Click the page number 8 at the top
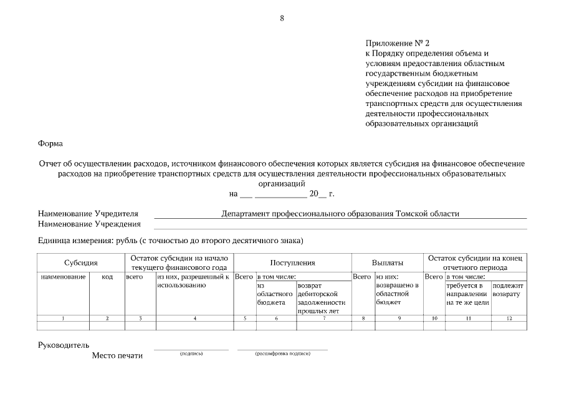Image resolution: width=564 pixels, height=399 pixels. [x=282, y=17]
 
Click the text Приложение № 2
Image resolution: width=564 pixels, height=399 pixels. [x=398, y=43]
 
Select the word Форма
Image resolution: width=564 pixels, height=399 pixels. [x=50, y=143]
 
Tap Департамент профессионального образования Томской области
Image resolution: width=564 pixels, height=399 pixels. [x=340, y=213]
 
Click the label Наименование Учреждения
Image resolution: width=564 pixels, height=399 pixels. [x=89, y=224]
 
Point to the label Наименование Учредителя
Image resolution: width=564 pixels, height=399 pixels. [x=88, y=213]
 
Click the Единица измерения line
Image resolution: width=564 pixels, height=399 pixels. [x=170, y=240]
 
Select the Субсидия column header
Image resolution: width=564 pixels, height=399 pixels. [x=81, y=263]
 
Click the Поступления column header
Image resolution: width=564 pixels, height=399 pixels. [x=292, y=263]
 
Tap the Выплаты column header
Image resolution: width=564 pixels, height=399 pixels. [x=387, y=263]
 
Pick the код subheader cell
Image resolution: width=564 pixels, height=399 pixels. [x=107, y=276]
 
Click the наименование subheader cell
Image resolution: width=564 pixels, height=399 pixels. [x=63, y=276]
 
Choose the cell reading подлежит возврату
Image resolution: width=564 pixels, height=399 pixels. [x=508, y=289]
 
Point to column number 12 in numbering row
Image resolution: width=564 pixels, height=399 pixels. [x=509, y=318]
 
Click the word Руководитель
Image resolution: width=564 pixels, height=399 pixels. [x=64, y=345]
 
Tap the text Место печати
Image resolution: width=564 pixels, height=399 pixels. [x=117, y=355]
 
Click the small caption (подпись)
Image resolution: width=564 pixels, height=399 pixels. [x=191, y=353]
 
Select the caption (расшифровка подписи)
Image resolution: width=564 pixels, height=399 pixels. [x=282, y=353]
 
